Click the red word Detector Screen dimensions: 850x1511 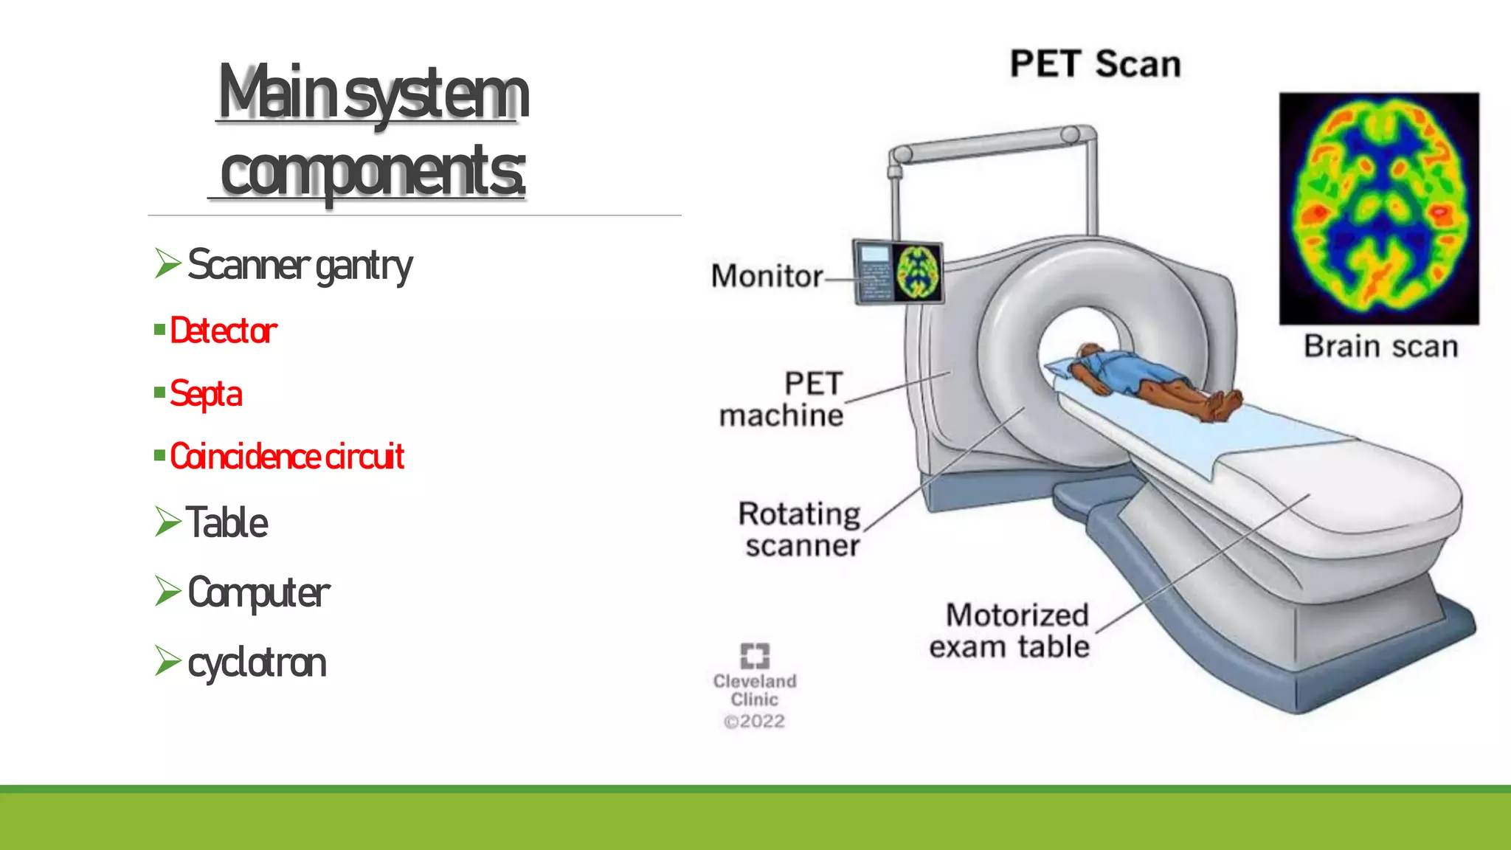coord(224,331)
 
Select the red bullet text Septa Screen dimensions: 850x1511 coord(206,393)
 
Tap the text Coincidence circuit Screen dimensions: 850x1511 coord(287,457)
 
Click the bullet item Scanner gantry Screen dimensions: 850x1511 coord(300,266)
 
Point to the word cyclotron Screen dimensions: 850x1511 coord(257,663)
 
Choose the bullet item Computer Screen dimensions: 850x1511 coord(258,592)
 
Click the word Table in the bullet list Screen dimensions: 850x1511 coord(227,523)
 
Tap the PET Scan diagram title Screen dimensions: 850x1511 coord(1095,64)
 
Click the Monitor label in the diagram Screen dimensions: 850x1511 coord(767,276)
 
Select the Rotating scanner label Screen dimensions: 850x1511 coord(801,530)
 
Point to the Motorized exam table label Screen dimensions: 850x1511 coord(1010,631)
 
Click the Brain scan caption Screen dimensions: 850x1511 coord(1380,347)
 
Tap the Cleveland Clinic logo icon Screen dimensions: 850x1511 coord(754,655)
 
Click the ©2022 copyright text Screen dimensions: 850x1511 coord(754,722)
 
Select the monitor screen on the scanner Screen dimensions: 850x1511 coord(898,272)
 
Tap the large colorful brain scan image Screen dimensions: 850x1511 coord(1379,208)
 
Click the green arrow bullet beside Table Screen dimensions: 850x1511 coord(167,522)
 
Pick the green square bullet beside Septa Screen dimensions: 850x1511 coord(159,393)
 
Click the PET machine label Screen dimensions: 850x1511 coord(782,399)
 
